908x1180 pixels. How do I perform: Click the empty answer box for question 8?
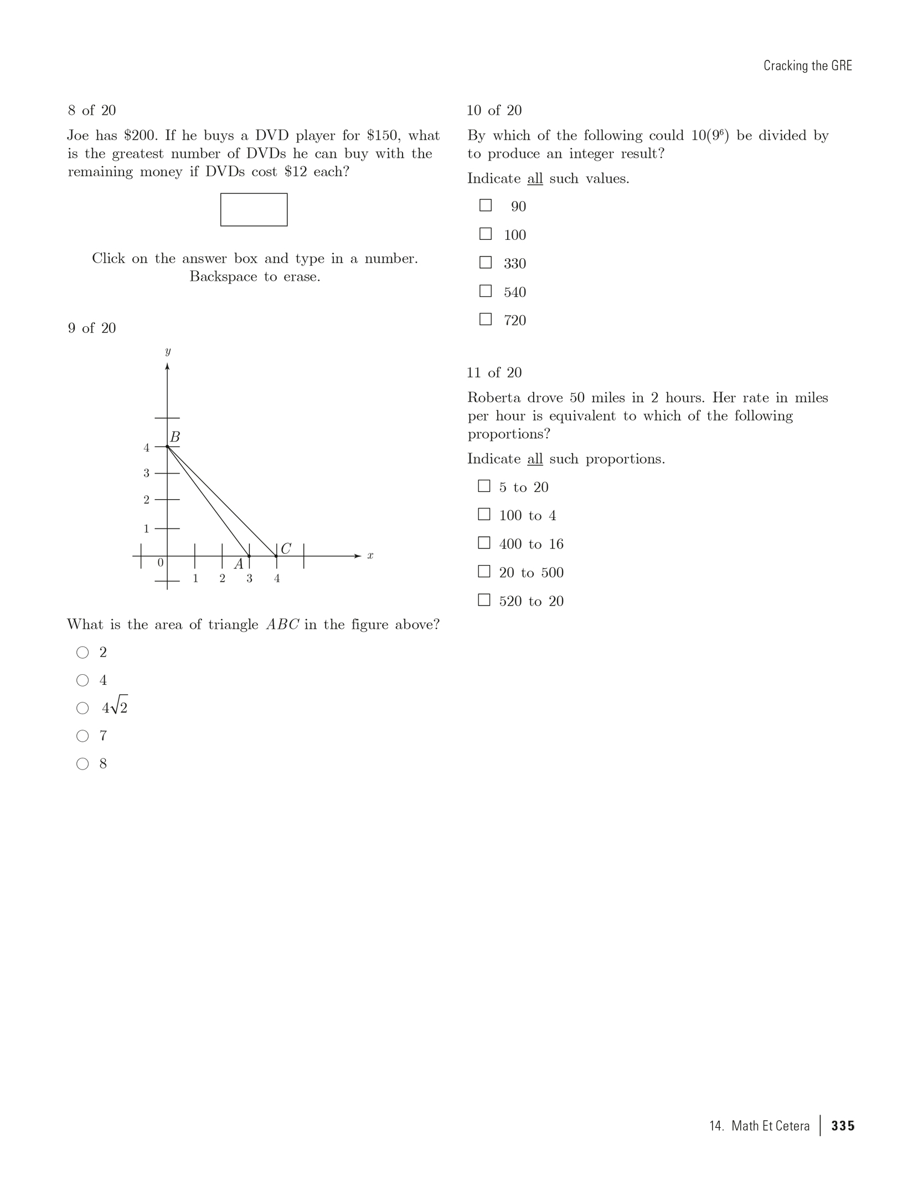tap(254, 209)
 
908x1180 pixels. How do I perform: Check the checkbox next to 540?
tap(486, 291)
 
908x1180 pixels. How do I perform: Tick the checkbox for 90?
tap(486, 206)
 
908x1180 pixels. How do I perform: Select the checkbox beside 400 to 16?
tap(484, 543)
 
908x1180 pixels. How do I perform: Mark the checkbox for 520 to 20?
tap(484, 600)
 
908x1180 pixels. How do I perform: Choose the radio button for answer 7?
tap(82, 736)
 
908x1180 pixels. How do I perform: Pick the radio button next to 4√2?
tap(82, 708)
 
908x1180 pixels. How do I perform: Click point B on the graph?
tap(167, 447)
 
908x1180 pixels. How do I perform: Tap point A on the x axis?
tap(249, 556)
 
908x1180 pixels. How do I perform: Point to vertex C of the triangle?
tap(276, 556)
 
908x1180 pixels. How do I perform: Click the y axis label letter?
tap(168, 351)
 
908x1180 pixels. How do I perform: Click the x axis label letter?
tap(370, 556)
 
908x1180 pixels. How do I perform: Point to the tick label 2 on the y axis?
tap(146, 500)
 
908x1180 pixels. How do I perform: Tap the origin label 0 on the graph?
tap(161, 563)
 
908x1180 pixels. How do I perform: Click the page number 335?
tap(843, 1126)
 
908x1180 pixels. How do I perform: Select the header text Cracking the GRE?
tap(807, 66)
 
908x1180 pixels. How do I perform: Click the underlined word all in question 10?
tap(535, 179)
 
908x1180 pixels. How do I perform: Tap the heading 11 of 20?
tap(494, 372)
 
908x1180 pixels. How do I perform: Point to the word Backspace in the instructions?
tap(223, 276)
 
